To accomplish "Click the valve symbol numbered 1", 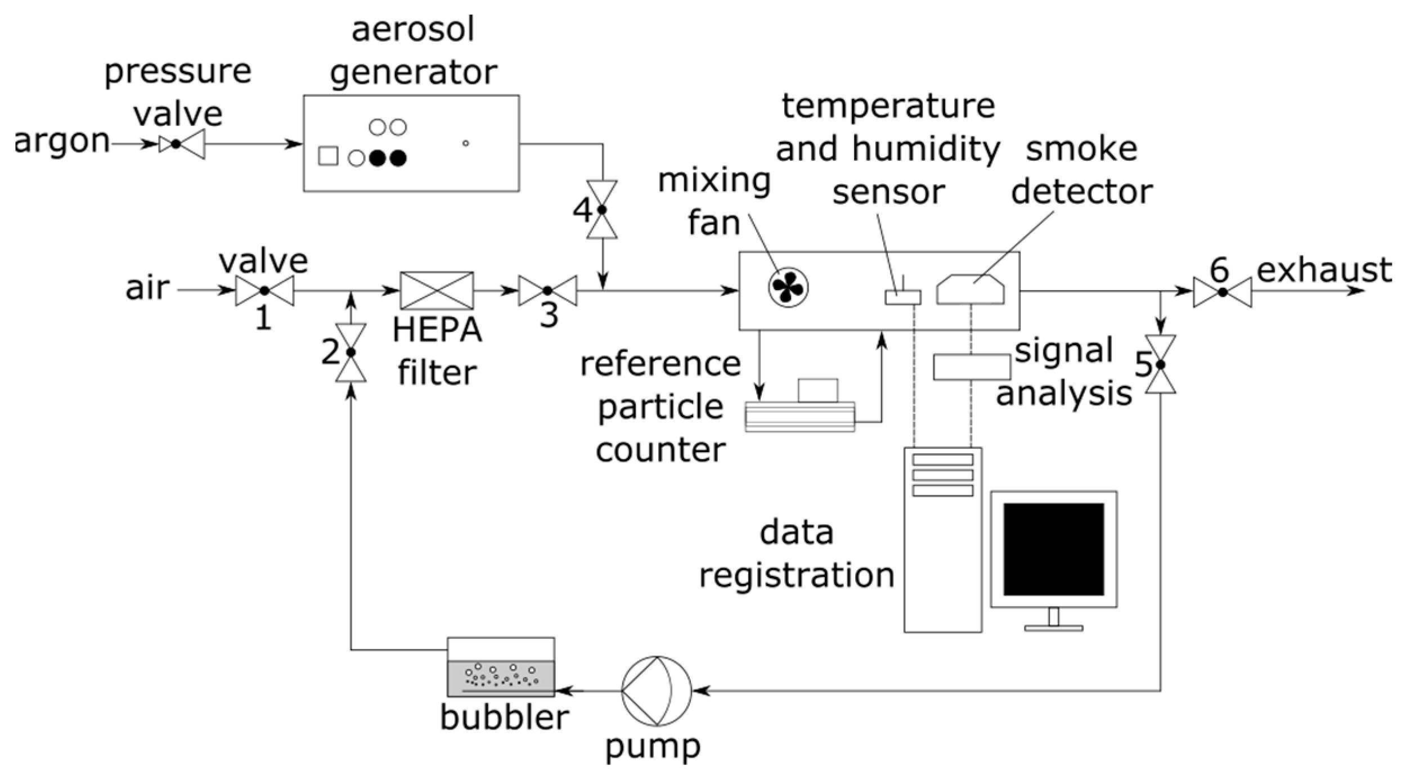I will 264,291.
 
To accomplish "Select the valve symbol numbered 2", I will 351,353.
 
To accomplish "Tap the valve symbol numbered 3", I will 547,291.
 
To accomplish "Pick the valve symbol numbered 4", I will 601,210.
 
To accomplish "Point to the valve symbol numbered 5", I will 1160,364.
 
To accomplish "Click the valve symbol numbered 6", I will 1222,292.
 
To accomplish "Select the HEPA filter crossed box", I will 437,291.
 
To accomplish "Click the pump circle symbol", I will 656,691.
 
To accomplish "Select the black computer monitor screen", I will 1053,549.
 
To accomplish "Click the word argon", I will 62,142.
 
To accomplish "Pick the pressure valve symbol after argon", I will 181,145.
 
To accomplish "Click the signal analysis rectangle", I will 972,367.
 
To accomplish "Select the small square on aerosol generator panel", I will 328,156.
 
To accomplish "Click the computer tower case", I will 942,540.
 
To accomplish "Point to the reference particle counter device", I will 800,409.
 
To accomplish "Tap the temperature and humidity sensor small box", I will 902,297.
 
